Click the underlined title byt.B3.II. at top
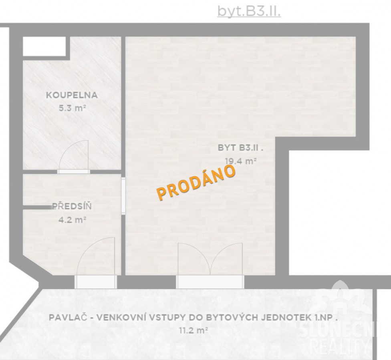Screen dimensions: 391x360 pos(249,11)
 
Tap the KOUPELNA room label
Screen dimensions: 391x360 pos(72,95)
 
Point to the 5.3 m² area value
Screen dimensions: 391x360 pos(73,108)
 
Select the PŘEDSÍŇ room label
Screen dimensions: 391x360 pos(72,206)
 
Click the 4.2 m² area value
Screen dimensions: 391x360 pos(73,220)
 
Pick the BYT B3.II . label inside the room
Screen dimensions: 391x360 pos(240,148)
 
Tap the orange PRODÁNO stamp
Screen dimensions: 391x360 pos(196,182)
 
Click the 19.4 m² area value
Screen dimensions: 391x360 pos(241,161)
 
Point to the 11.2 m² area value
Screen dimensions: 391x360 pos(193,331)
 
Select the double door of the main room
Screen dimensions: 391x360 pos(210,259)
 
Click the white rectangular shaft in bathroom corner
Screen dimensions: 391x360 pos(44,46)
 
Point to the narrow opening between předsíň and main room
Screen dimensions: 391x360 pos(123,196)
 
